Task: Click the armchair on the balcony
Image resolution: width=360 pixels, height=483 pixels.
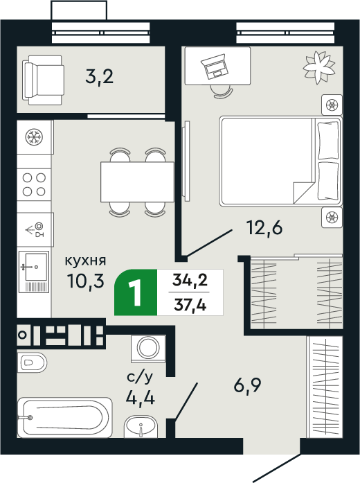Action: (x=44, y=80)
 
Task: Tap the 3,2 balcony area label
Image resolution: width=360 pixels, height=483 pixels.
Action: (x=100, y=77)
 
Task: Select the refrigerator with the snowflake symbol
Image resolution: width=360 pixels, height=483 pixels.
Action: (x=34, y=137)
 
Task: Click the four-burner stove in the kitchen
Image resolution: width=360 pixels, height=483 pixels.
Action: (x=34, y=184)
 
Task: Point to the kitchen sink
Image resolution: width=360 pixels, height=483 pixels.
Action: (x=34, y=272)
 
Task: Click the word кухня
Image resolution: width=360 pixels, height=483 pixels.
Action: (x=85, y=261)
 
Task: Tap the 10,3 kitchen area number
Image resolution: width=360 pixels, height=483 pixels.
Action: (x=86, y=281)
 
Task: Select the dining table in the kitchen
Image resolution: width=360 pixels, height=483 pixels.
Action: (x=137, y=182)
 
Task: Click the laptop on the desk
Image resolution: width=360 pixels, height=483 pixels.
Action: (x=215, y=67)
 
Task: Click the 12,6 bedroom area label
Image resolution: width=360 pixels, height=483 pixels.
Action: (x=264, y=228)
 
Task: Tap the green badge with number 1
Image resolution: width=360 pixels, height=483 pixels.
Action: (x=136, y=292)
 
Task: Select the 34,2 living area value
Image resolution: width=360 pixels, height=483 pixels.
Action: (x=190, y=280)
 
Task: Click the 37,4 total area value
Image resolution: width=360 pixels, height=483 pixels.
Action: (x=190, y=305)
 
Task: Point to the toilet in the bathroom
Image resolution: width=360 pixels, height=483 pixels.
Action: (x=32, y=362)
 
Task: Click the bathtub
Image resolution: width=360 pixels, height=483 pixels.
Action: (x=65, y=417)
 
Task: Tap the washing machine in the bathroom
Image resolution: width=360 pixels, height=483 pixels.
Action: (x=148, y=348)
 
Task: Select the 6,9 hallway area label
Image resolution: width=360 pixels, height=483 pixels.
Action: (x=247, y=385)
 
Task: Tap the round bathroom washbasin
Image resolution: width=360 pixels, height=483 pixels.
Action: (x=141, y=427)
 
